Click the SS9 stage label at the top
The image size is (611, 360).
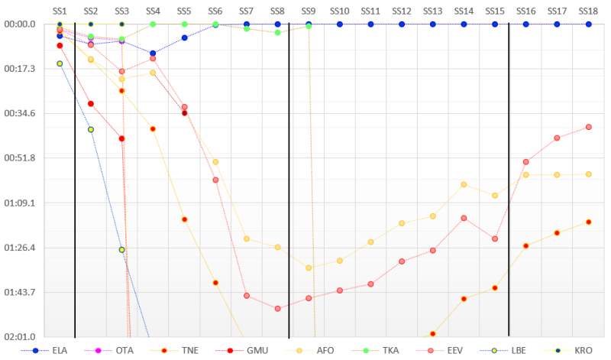click(x=309, y=11)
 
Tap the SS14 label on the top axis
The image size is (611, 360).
click(x=464, y=11)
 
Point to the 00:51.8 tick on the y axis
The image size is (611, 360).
click(x=20, y=158)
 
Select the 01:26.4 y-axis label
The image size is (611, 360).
click(x=20, y=248)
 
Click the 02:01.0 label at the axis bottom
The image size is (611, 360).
click(x=20, y=337)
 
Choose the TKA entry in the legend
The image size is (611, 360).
click(x=390, y=351)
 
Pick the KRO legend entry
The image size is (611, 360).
click(x=584, y=351)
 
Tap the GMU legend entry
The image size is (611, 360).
click(x=257, y=351)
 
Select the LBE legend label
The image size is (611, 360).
click(x=519, y=351)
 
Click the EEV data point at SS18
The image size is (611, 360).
click(x=588, y=127)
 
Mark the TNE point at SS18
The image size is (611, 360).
click(x=588, y=222)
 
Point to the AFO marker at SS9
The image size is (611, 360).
click(x=309, y=268)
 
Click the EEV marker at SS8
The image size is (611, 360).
click(x=277, y=309)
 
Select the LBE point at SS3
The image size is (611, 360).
click(x=121, y=250)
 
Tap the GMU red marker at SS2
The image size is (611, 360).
click(x=91, y=104)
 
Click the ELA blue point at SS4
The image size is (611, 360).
click(x=153, y=54)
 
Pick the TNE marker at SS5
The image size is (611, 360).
click(x=185, y=219)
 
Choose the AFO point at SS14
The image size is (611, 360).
click(x=464, y=184)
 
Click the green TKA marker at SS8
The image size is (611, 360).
click(x=277, y=33)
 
